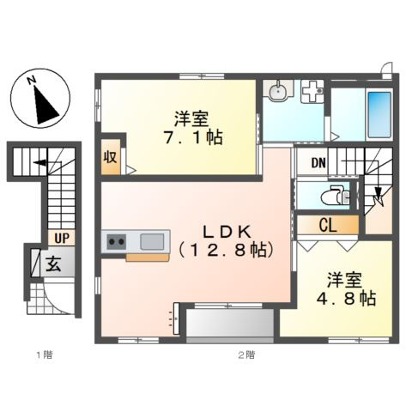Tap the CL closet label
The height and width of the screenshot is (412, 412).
pyautogui.click(x=327, y=227)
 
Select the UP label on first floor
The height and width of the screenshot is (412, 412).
pyautogui.click(x=61, y=238)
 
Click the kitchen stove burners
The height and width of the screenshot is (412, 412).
pyautogui.click(x=117, y=242)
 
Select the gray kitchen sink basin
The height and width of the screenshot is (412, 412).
pyautogui.click(x=151, y=241)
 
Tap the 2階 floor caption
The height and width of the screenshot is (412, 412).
pyautogui.click(x=245, y=353)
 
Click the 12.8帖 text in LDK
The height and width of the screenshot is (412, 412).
pyautogui.click(x=225, y=250)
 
